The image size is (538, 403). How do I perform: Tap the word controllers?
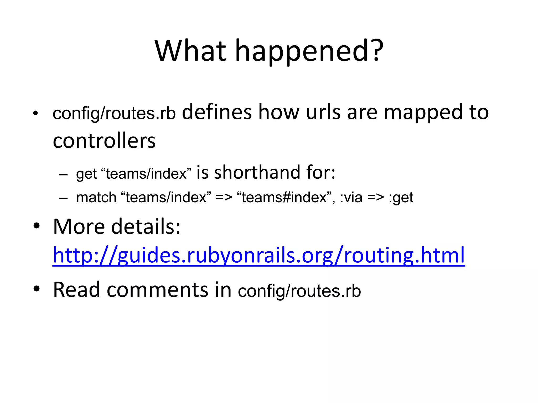click(x=104, y=141)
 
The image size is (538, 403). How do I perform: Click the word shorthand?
click(x=257, y=172)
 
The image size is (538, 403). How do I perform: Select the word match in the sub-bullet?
click(x=96, y=197)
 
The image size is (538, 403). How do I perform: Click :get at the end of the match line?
click(x=401, y=198)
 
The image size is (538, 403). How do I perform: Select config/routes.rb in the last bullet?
click(x=299, y=291)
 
